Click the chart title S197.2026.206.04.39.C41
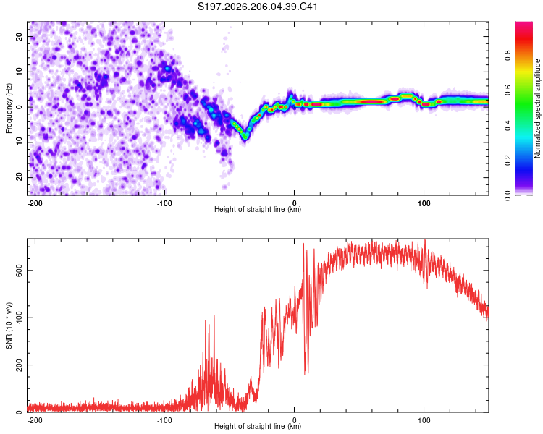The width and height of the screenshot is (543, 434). click(257, 7)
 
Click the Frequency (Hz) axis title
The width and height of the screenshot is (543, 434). click(9, 109)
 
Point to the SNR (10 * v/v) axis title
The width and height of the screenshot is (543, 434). click(9, 325)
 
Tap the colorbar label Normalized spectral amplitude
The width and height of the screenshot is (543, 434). click(537, 109)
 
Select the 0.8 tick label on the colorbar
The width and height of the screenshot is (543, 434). click(508, 56)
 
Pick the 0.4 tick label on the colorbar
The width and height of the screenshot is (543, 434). click(508, 126)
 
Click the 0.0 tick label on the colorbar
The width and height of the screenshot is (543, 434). click(508, 195)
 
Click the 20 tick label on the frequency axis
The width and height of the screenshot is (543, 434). click(20, 36)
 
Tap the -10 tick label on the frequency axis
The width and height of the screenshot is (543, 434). click(20, 142)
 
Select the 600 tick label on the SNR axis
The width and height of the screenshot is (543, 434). click(20, 271)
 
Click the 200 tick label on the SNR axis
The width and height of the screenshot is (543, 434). click(20, 365)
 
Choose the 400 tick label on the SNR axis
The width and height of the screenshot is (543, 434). click(20, 318)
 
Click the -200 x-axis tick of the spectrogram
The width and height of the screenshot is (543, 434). click(35, 203)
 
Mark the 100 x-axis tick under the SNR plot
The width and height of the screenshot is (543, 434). click(424, 420)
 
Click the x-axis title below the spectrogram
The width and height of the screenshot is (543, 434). click(258, 209)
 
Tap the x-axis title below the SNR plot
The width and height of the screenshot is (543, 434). click(258, 426)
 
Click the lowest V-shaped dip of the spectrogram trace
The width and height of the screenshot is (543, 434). click(245, 137)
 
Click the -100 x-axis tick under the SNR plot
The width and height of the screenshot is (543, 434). click(164, 420)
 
